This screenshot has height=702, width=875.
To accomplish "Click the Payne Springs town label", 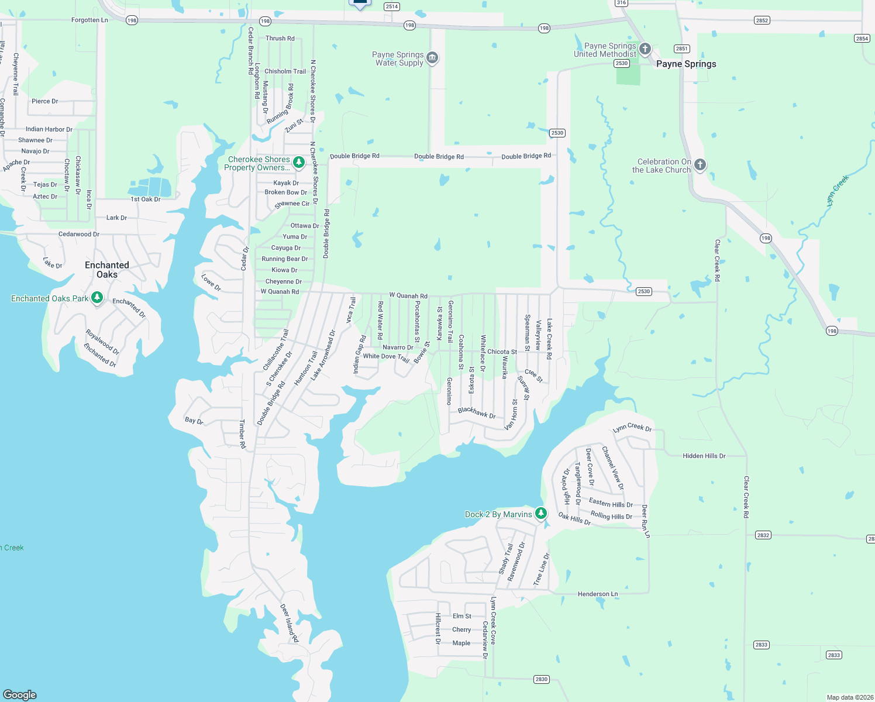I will pos(686,64).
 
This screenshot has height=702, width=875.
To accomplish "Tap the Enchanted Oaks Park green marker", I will pos(97,298).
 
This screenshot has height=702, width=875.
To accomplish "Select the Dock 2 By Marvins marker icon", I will pos(541,514).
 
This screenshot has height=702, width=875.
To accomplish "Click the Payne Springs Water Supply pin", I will pos(432,57).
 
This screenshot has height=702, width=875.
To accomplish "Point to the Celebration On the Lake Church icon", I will pos(700,164).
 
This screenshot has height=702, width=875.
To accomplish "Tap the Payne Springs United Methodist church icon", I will pos(645,49).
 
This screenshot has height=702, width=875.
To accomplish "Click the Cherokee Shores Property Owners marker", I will pos(299,162).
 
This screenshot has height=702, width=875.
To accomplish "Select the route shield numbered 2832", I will pos(763,535).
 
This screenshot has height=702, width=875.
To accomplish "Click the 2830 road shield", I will pos(542,679).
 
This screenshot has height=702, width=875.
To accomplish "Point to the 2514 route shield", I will pos(391,7).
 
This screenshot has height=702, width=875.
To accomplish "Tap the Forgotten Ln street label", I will pos(89,20).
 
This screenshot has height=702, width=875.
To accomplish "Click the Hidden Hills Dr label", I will pos(704,456).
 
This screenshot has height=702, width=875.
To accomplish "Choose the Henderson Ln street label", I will pos(598,594).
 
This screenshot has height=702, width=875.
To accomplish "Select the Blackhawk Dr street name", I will pos(477,413).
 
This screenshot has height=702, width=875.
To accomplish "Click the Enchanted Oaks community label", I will pos(107,270).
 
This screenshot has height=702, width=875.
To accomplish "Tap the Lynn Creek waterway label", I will pos(838,191).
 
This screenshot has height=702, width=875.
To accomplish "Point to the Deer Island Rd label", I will pos(289,623).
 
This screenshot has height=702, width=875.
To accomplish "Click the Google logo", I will pos(20,694).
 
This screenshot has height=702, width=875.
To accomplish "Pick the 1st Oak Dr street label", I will pos(145,199).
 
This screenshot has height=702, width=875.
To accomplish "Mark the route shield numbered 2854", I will pos(862,39).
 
